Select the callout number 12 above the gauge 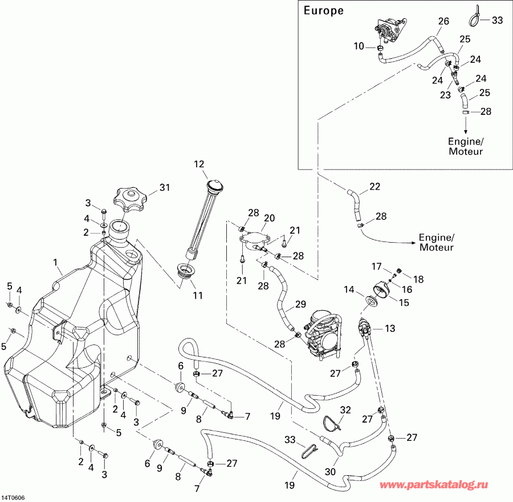coord(199,164)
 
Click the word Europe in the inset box coord(323,10)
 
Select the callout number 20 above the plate coord(269,218)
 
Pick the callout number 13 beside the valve coord(389,328)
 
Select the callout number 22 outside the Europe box coord(374,186)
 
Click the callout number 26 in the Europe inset coord(443,21)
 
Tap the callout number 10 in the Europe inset coord(358,46)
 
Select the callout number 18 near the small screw coord(418,279)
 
